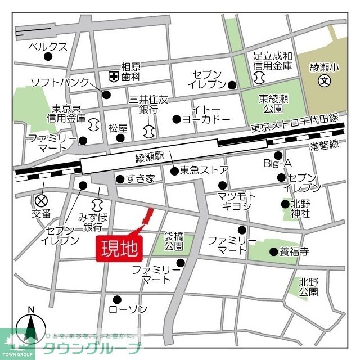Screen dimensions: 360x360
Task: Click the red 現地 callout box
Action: point(119,247)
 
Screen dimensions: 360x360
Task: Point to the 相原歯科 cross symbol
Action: point(113,76)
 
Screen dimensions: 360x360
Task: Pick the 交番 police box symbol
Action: point(40,200)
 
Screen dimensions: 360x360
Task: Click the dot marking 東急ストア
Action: point(174,170)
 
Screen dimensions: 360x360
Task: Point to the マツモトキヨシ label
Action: point(236,201)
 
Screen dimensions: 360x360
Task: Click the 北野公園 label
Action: point(309,287)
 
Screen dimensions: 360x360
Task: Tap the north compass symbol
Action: point(31,326)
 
